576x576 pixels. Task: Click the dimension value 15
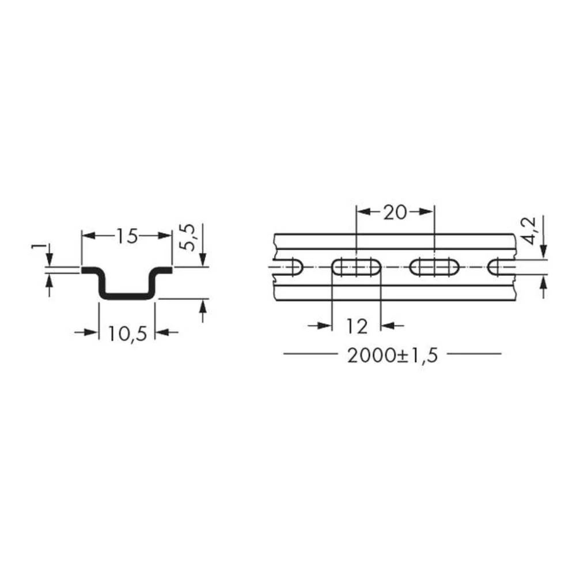pyautogui.click(x=127, y=236)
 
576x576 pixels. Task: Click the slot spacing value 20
pyautogui.click(x=395, y=213)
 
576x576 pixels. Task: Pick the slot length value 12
pyautogui.click(x=357, y=327)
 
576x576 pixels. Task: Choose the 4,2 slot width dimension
pyautogui.click(x=530, y=230)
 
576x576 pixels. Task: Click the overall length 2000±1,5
pyautogui.click(x=393, y=355)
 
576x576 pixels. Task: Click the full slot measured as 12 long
pyautogui.click(x=357, y=267)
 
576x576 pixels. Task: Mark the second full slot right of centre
pyautogui.click(x=434, y=267)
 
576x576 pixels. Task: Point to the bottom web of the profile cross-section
pyautogui.click(x=127, y=296)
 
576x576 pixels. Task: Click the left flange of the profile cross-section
pyautogui.click(x=91, y=270)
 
